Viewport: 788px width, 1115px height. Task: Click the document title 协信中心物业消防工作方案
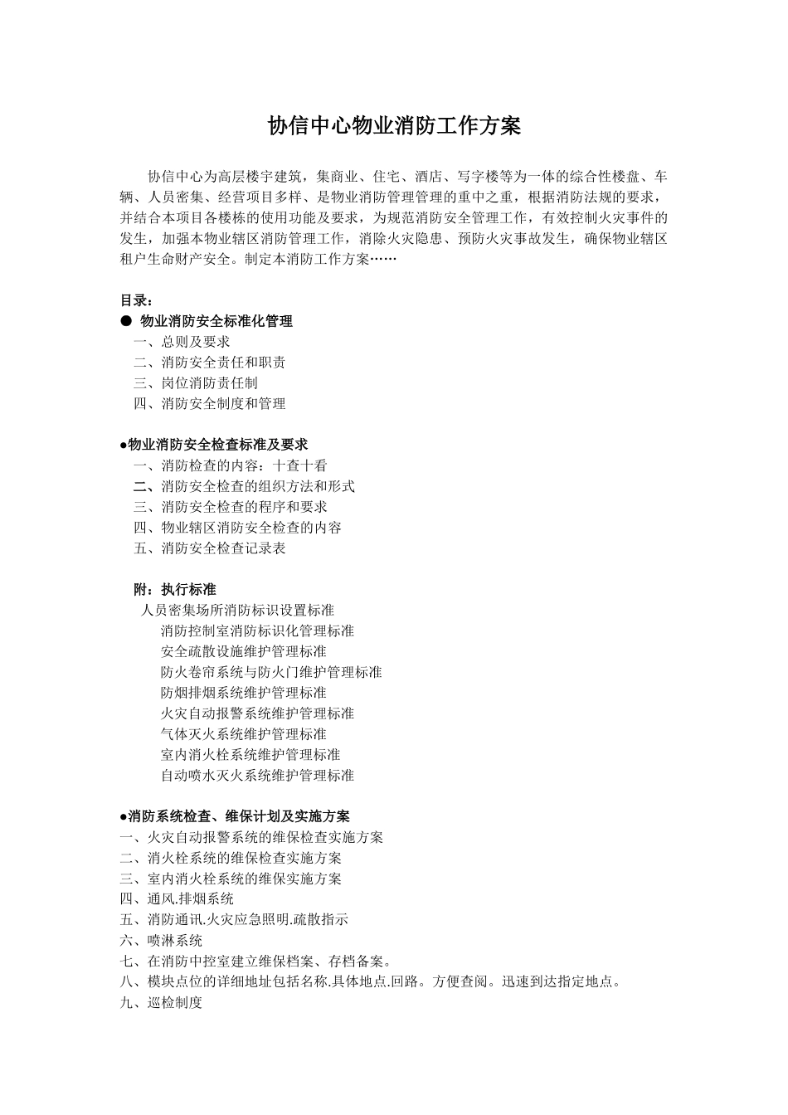click(x=394, y=126)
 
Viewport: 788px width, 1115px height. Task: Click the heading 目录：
click(x=137, y=300)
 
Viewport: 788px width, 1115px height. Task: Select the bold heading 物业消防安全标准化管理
click(x=216, y=321)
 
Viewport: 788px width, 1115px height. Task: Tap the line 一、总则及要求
click(x=182, y=342)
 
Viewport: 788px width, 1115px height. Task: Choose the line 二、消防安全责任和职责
click(x=210, y=363)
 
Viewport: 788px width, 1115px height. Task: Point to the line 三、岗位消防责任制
click(x=196, y=383)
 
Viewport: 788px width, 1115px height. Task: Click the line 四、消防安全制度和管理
click(x=210, y=404)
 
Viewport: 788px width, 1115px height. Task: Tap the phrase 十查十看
click(x=300, y=466)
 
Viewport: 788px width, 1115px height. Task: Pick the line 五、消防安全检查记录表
click(x=210, y=548)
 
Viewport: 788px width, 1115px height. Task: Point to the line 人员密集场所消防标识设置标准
click(x=238, y=611)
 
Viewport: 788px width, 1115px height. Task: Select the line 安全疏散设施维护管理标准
click(x=244, y=652)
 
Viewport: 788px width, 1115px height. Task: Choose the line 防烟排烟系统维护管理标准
click(x=244, y=693)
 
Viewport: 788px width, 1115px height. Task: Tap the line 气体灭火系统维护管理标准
click(x=244, y=734)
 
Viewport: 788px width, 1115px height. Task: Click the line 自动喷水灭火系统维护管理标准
click(x=258, y=776)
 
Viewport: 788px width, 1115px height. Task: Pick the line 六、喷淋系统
click(x=161, y=941)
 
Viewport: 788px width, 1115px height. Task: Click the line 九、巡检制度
click(x=161, y=1003)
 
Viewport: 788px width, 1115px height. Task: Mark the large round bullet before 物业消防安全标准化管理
click(x=126, y=321)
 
